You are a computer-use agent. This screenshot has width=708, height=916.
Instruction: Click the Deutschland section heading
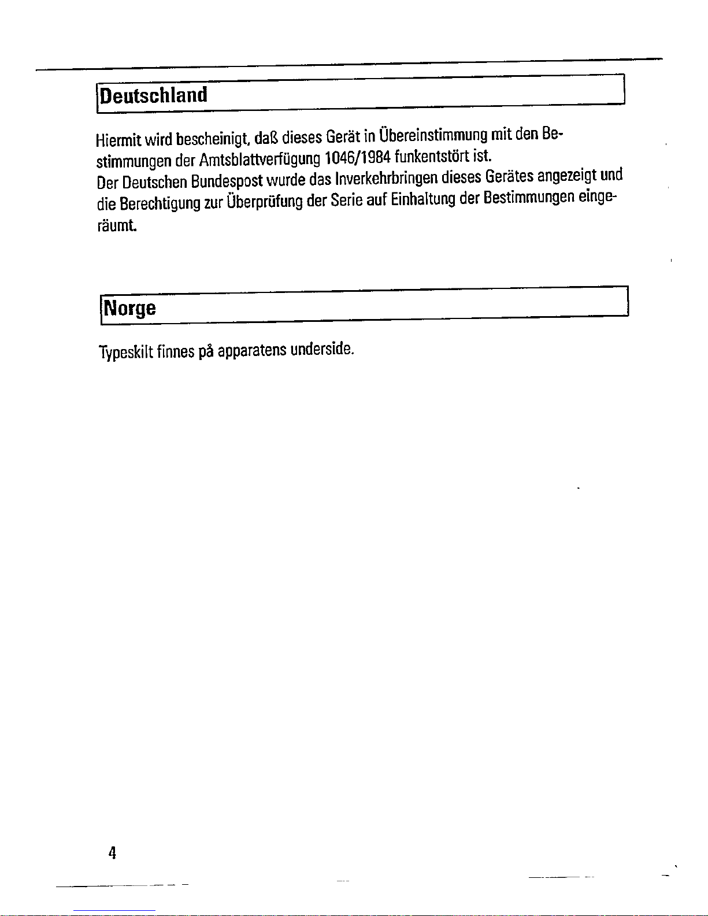pos(154,95)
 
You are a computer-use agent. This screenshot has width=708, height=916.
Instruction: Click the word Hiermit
pos(118,140)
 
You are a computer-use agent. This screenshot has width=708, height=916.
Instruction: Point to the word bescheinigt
pos(213,139)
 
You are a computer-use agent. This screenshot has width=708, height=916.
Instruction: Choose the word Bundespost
pos(228,181)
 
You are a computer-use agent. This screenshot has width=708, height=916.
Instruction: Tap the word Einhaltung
pos(424,200)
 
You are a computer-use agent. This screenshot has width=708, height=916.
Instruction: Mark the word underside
pos(322,350)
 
